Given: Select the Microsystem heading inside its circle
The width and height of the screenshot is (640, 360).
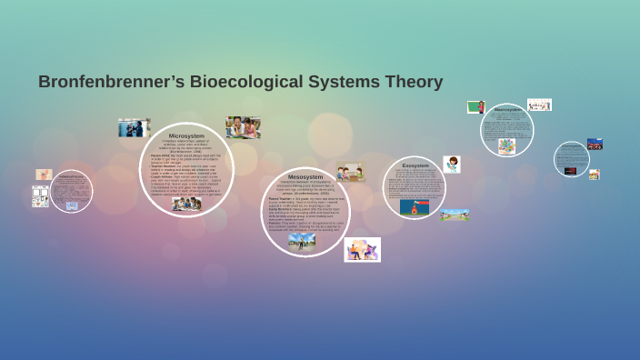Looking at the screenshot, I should click(186, 135).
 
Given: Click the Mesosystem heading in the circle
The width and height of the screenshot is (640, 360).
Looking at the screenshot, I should click(305, 175).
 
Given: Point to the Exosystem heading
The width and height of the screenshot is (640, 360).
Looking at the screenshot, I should click(415, 165).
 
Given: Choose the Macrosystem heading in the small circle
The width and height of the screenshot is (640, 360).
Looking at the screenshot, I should click(507, 109).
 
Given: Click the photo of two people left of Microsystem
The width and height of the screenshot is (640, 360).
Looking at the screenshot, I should click(133, 127).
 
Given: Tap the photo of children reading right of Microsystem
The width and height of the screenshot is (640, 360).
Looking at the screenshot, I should click(243, 126).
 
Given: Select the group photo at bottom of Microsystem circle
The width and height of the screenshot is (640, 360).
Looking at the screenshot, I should click(187, 203).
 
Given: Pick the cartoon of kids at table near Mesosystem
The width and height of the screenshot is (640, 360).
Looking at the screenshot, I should click(350, 172).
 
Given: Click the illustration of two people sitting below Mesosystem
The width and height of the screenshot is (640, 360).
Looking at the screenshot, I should click(362, 249).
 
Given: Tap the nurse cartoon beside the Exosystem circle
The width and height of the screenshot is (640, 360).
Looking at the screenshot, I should click(452, 165).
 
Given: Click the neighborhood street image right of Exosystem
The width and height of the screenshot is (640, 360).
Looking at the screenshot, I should click(455, 215).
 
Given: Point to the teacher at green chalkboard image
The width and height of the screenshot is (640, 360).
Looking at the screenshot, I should click(475, 107).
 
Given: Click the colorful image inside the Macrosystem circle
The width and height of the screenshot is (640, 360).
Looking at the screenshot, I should click(506, 145).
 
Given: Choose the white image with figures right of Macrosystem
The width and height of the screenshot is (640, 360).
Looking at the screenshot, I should click(539, 105).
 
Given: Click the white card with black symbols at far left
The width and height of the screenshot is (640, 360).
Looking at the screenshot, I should click(40, 195).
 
